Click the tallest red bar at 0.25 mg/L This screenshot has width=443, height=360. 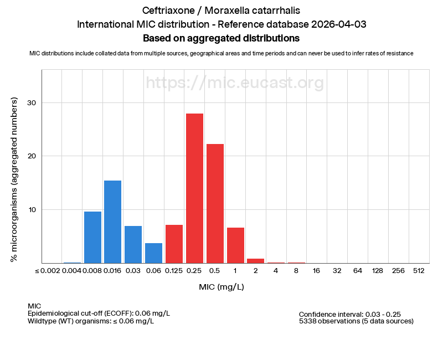(194, 188)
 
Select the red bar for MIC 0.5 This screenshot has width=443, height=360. (215, 204)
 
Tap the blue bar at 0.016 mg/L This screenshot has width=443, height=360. (112, 222)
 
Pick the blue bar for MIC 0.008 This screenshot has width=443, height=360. (92, 237)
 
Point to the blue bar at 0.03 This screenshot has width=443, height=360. (133, 244)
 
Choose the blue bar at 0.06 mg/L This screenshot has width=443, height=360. (153, 253)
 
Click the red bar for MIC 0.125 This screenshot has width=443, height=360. (174, 244)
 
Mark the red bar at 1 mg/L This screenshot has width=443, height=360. (235, 245)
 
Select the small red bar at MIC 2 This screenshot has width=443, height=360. (255, 261)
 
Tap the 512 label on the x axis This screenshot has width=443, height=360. (419, 271)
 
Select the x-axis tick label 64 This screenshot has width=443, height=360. (357, 271)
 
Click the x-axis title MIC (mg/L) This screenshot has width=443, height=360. (221, 287)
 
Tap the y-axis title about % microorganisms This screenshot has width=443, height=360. (14, 179)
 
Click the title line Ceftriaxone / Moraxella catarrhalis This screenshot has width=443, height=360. (221, 11)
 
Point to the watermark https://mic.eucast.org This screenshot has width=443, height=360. (235, 83)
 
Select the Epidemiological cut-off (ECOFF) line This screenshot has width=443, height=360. (99, 313)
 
